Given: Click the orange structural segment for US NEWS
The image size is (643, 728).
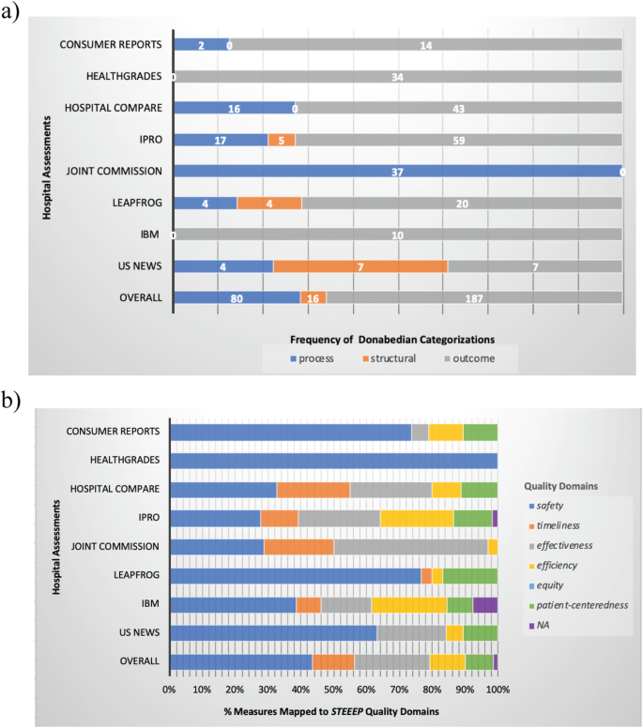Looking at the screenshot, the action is coord(360,266).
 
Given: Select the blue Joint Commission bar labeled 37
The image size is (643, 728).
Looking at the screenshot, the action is coord(398,171).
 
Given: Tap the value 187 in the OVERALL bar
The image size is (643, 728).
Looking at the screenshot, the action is coord(474,298).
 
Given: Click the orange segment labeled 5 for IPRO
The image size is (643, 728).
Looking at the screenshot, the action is coord(282,140).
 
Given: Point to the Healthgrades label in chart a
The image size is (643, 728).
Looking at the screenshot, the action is coord(124,76).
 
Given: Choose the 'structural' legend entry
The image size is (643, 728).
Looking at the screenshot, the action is coord(390,358).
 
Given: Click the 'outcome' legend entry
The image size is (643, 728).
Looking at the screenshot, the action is coord(469,358).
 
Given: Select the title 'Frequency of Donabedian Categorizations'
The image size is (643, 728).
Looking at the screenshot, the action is coord(392,340).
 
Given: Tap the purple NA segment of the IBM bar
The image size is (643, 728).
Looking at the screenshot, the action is coord(485,605).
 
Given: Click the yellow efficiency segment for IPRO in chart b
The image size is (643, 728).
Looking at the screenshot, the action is coord(417,518).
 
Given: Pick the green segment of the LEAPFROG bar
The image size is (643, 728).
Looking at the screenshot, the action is coord(470,576).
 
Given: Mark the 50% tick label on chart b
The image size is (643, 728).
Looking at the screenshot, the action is coord(333,690).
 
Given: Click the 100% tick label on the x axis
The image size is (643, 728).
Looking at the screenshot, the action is coord(498,690).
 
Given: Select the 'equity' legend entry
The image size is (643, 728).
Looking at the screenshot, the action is coord(546,585).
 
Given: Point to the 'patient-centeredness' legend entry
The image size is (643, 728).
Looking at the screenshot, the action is coord(578,605).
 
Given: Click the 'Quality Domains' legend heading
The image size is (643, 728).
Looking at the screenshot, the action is coord(560,486).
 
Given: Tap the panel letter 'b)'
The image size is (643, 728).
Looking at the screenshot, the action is coord(10,401).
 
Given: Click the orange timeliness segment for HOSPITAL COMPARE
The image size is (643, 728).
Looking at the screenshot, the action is coord(314,490).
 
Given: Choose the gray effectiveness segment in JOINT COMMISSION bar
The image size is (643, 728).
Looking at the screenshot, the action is coord(411,547).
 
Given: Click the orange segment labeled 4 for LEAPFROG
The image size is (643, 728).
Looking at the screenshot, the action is coord(269,203).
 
